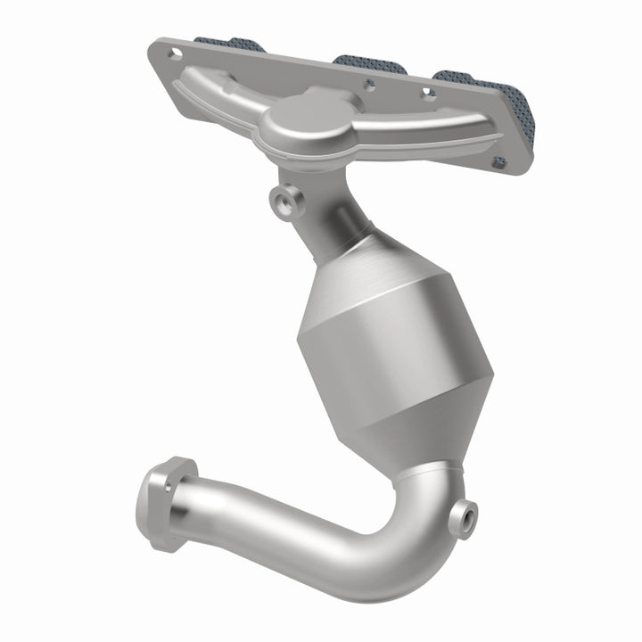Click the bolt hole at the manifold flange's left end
[x=175, y=53]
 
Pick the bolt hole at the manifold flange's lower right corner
[x=500, y=162]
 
